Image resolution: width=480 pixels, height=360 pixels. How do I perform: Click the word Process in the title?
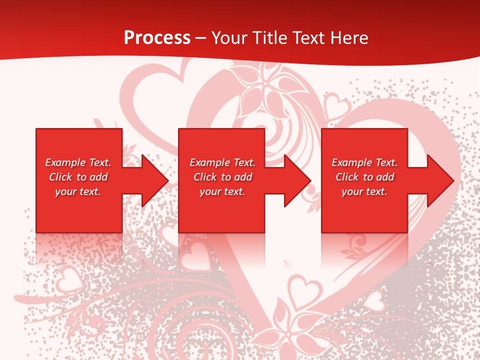(x=157, y=37)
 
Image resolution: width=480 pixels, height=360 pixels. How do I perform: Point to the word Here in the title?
(x=349, y=37)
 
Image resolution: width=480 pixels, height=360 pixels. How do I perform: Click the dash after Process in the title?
(x=201, y=38)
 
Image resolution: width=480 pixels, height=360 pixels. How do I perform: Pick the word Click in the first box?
(x=61, y=177)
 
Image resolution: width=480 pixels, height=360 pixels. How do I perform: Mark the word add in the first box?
(x=99, y=177)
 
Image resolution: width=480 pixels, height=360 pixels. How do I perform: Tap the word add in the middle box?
(x=243, y=177)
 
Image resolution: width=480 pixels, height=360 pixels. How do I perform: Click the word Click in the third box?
(x=347, y=177)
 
